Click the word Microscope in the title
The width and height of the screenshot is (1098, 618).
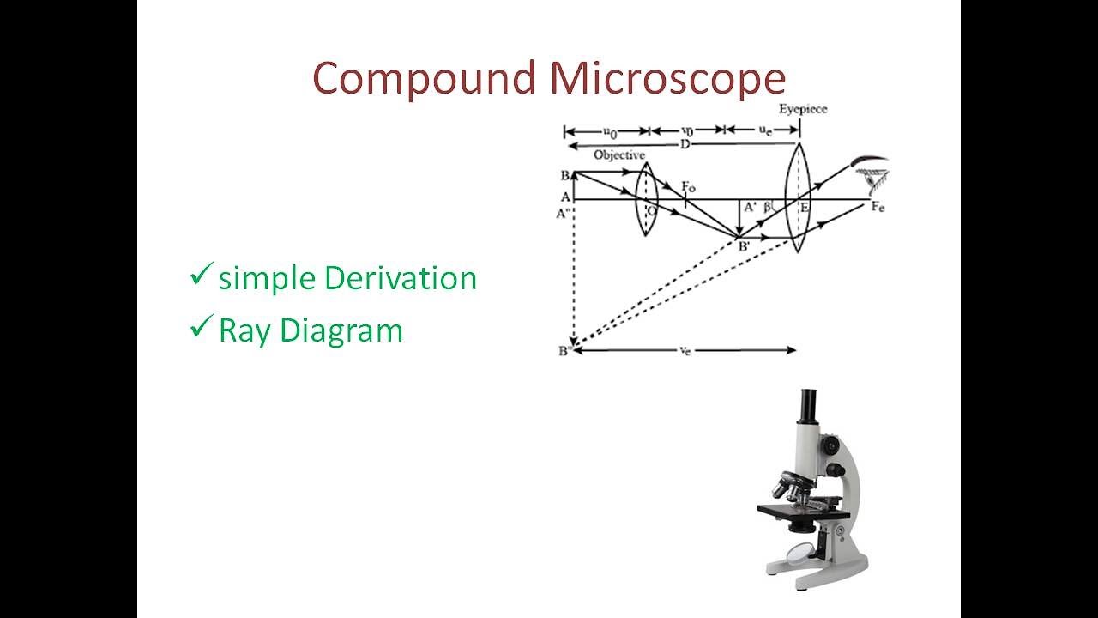pyautogui.click(x=667, y=78)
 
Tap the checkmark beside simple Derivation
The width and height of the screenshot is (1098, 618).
pyautogui.click(x=201, y=276)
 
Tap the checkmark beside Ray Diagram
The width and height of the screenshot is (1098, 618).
pyautogui.click(x=201, y=327)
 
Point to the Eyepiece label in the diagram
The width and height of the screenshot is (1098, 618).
pyautogui.click(x=802, y=109)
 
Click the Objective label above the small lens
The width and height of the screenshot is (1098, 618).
pyautogui.click(x=618, y=154)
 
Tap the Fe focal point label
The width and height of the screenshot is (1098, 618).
pyautogui.click(x=878, y=207)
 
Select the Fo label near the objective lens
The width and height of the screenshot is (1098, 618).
pyautogui.click(x=688, y=185)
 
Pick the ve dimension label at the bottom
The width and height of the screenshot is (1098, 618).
pyautogui.click(x=685, y=351)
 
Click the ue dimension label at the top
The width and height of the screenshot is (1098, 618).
pyautogui.click(x=763, y=130)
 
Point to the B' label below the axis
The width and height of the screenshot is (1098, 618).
pyautogui.click(x=743, y=245)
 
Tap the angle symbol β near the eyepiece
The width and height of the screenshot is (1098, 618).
pyautogui.click(x=768, y=207)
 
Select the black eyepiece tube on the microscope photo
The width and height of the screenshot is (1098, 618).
pyautogui.click(x=808, y=407)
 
